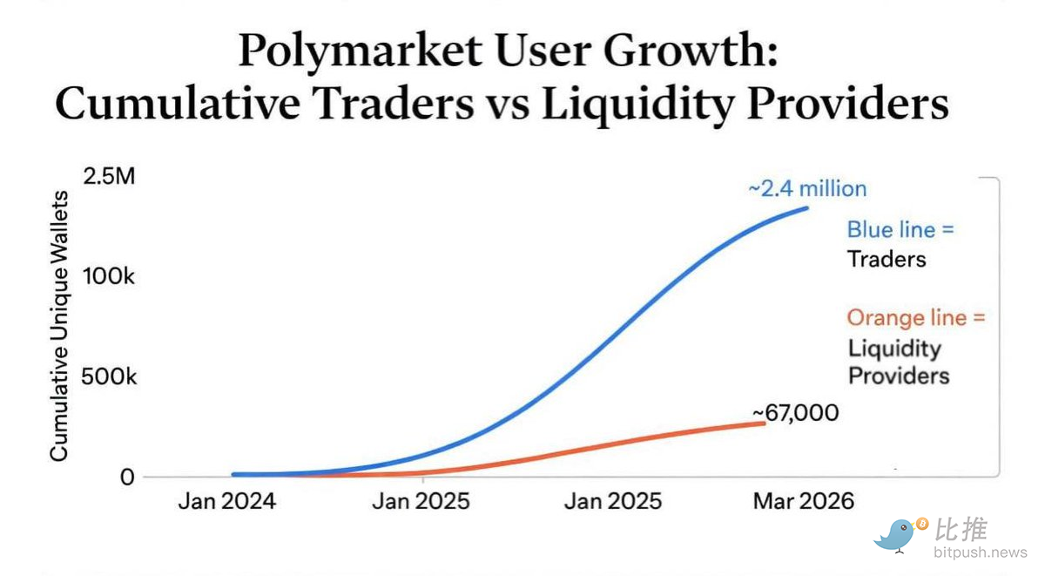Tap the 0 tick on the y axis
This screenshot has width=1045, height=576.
[127, 477]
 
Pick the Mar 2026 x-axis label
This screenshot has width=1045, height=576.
[803, 501]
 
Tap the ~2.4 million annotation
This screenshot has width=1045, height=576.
[807, 188]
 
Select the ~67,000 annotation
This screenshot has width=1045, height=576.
[795, 412]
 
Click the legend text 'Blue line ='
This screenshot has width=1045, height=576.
[900, 230]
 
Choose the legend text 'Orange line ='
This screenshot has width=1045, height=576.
[916, 317]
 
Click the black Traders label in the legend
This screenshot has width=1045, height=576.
[887, 259]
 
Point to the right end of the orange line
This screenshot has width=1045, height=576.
[765, 423]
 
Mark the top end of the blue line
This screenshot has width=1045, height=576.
[806, 207]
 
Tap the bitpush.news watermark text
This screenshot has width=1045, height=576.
[981, 552]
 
